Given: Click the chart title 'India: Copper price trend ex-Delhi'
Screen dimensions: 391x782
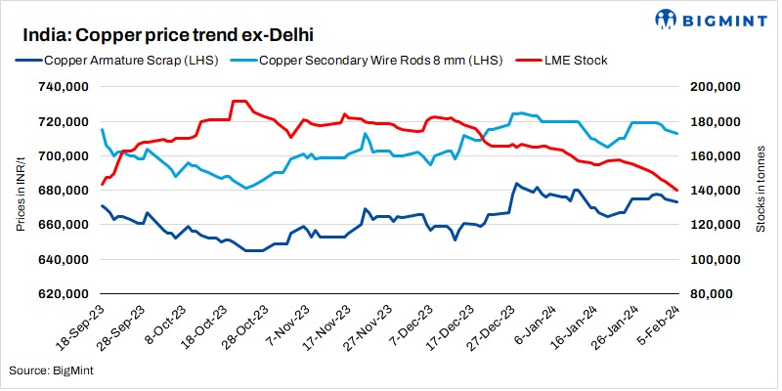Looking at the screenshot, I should tap(162, 36).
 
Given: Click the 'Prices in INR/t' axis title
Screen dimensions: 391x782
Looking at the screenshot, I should tap(21, 191).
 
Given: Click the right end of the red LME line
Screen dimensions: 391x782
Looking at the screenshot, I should tap(678, 191).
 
